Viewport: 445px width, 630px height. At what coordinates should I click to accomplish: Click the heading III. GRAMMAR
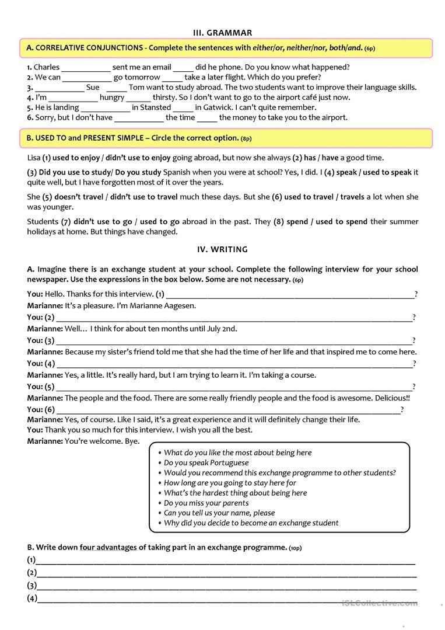[x=222, y=33]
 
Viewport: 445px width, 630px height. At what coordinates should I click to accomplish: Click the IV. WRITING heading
[x=222, y=249]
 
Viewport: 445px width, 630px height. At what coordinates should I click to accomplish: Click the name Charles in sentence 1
[x=47, y=67]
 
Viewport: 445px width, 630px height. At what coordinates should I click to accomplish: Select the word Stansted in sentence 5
[x=156, y=107]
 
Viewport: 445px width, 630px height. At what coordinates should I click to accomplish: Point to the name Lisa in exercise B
[x=34, y=158]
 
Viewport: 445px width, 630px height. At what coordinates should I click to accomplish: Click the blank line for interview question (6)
[x=227, y=410]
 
